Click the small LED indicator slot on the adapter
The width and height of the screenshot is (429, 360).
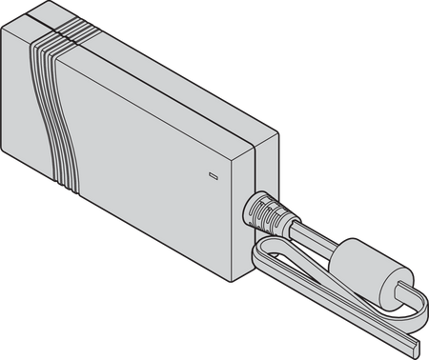click(x=213, y=175)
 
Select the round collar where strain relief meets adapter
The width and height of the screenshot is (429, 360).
click(x=252, y=201)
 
